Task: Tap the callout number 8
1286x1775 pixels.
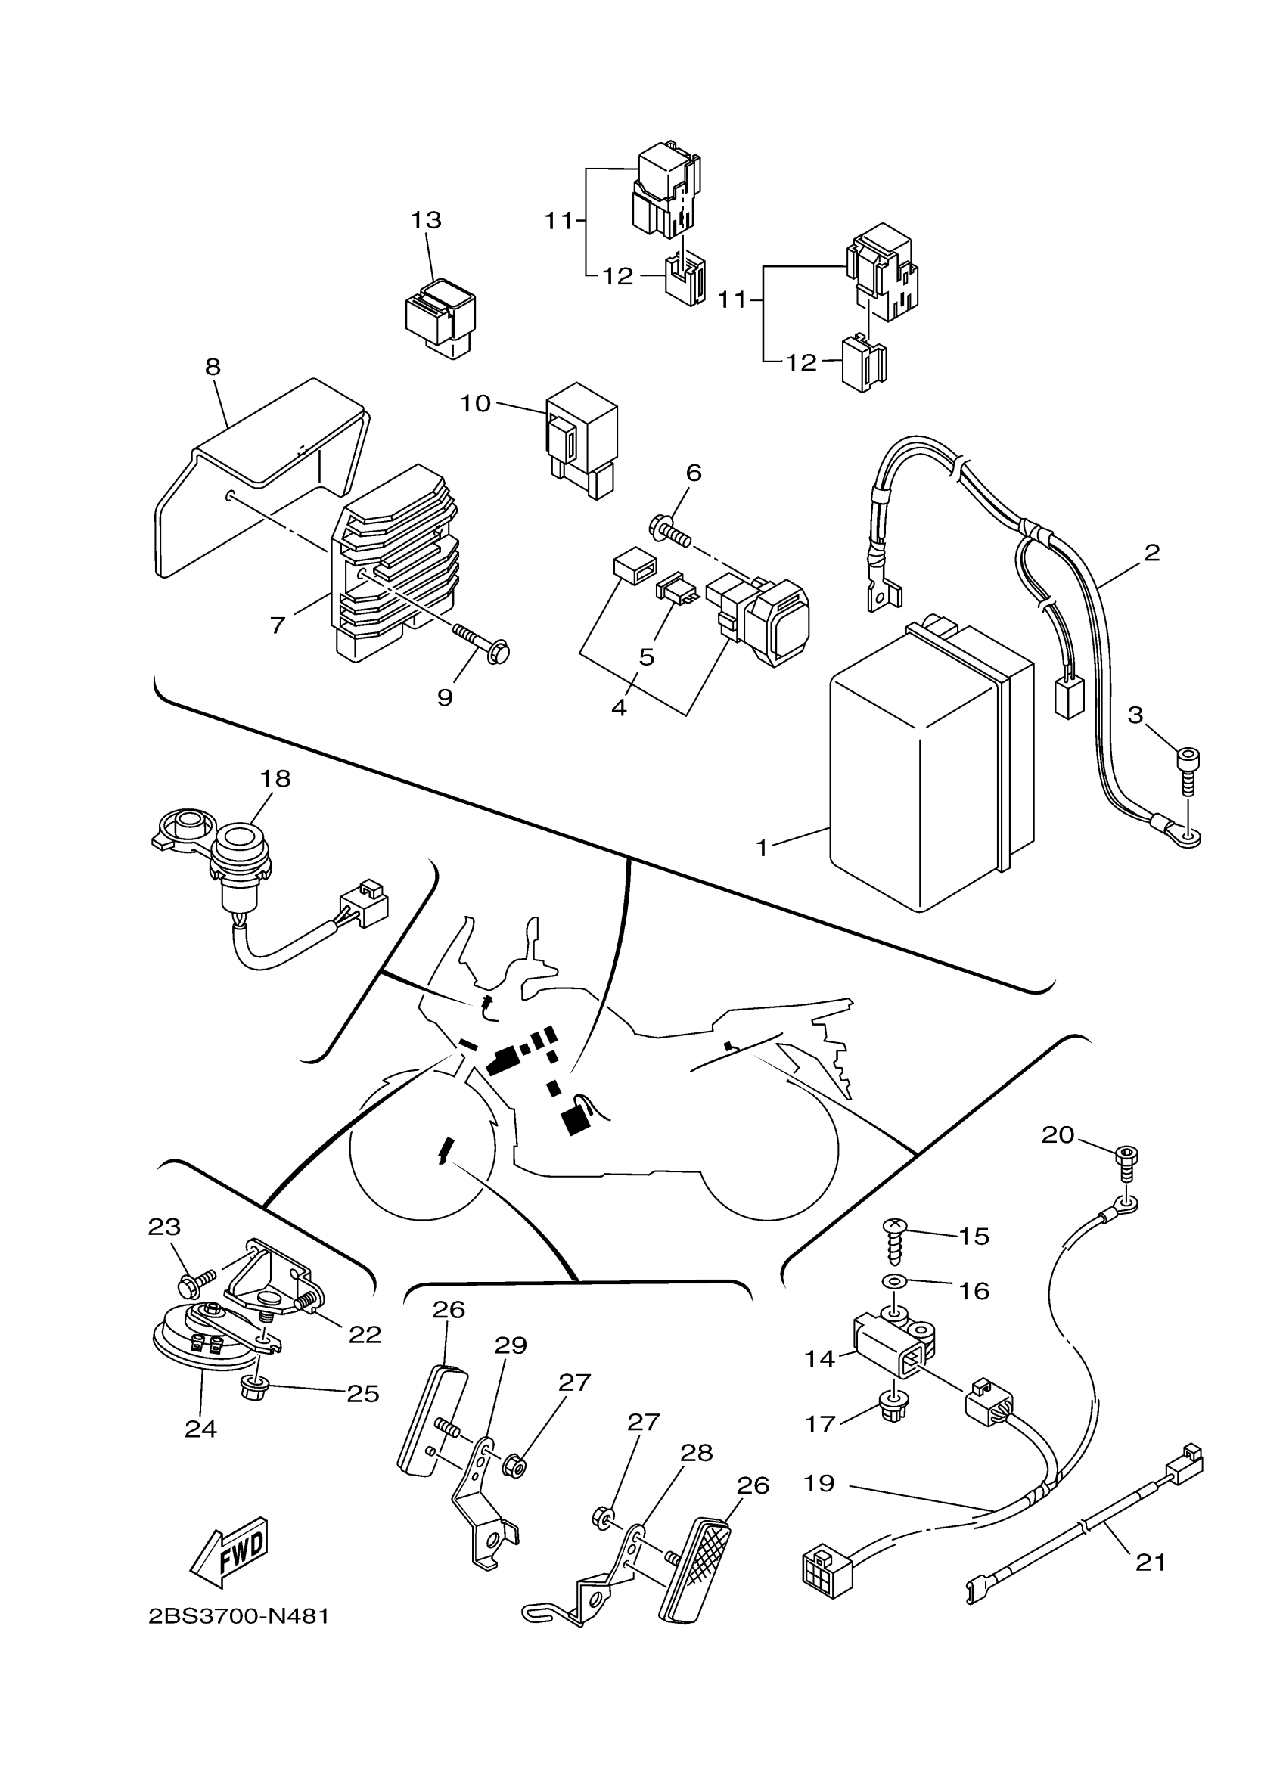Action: tap(213, 367)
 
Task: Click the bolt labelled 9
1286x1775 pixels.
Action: tap(479, 637)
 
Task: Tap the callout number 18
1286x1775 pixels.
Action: tap(275, 779)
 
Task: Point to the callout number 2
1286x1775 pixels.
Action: tap(1151, 553)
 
